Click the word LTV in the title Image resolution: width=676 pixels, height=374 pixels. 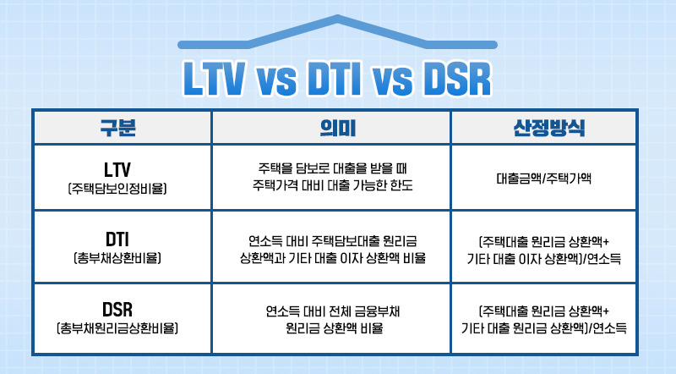tap(215, 79)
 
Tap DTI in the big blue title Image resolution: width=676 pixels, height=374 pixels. tap(335, 79)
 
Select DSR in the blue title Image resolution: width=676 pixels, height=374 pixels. tap(457, 79)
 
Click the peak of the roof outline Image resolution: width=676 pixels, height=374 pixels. tap(337, 17)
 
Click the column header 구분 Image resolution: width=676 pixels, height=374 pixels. tap(117, 128)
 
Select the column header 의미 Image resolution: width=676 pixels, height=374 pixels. tap(337, 128)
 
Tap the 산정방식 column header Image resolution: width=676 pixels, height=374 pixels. tap(548, 128)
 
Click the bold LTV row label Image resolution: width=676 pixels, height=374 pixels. tap(117, 170)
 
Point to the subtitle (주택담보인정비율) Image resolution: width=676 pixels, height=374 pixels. tap(117, 189)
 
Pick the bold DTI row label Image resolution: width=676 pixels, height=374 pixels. tap(117, 239)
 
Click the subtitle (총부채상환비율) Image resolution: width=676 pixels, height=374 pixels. tap(117, 258)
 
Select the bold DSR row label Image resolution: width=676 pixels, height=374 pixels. tap(117, 309)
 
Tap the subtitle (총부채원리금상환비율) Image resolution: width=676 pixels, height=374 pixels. tap(117, 328)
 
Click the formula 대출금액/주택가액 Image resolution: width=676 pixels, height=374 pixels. tap(543, 178)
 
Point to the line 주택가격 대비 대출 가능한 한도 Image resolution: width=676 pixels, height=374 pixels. tap(332, 185)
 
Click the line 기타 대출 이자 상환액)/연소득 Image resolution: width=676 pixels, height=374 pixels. tap(543, 259)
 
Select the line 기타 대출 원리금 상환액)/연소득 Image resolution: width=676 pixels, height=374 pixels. tap(543, 328)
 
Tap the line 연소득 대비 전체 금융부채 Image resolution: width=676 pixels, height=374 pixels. tap(332, 311)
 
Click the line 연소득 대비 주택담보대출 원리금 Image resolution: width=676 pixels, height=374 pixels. tap(332, 240)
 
